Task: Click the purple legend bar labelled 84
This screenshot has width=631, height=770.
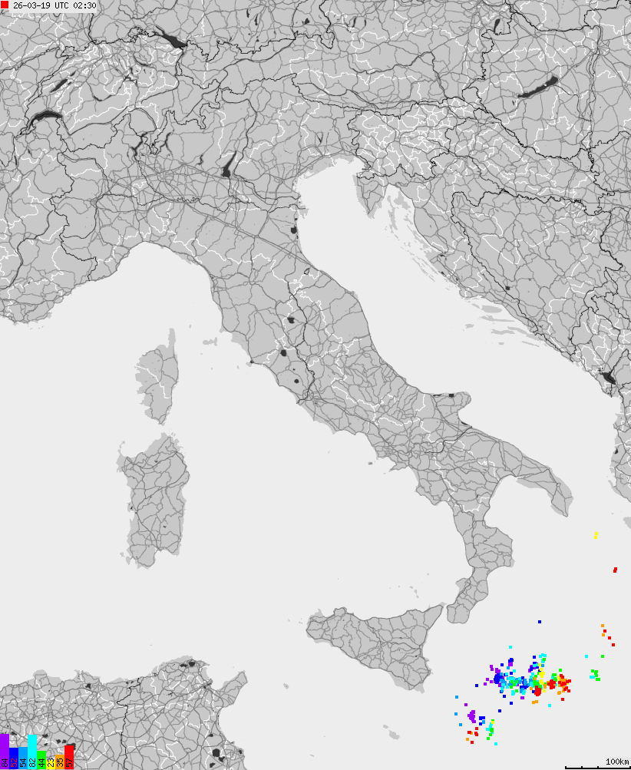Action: click(5, 752)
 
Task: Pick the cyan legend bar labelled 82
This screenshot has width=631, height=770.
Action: click(32, 752)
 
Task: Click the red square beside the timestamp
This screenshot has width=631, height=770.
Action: click(5, 5)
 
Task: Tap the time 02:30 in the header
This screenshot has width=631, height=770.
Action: click(84, 6)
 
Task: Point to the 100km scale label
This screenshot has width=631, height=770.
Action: click(616, 762)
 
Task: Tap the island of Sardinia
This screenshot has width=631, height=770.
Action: click(156, 499)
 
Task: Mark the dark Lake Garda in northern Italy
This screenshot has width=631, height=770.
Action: click(228, 166)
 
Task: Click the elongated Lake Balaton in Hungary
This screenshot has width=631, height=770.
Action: click(539, 87)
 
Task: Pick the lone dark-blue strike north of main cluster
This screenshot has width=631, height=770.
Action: click(540, 622)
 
